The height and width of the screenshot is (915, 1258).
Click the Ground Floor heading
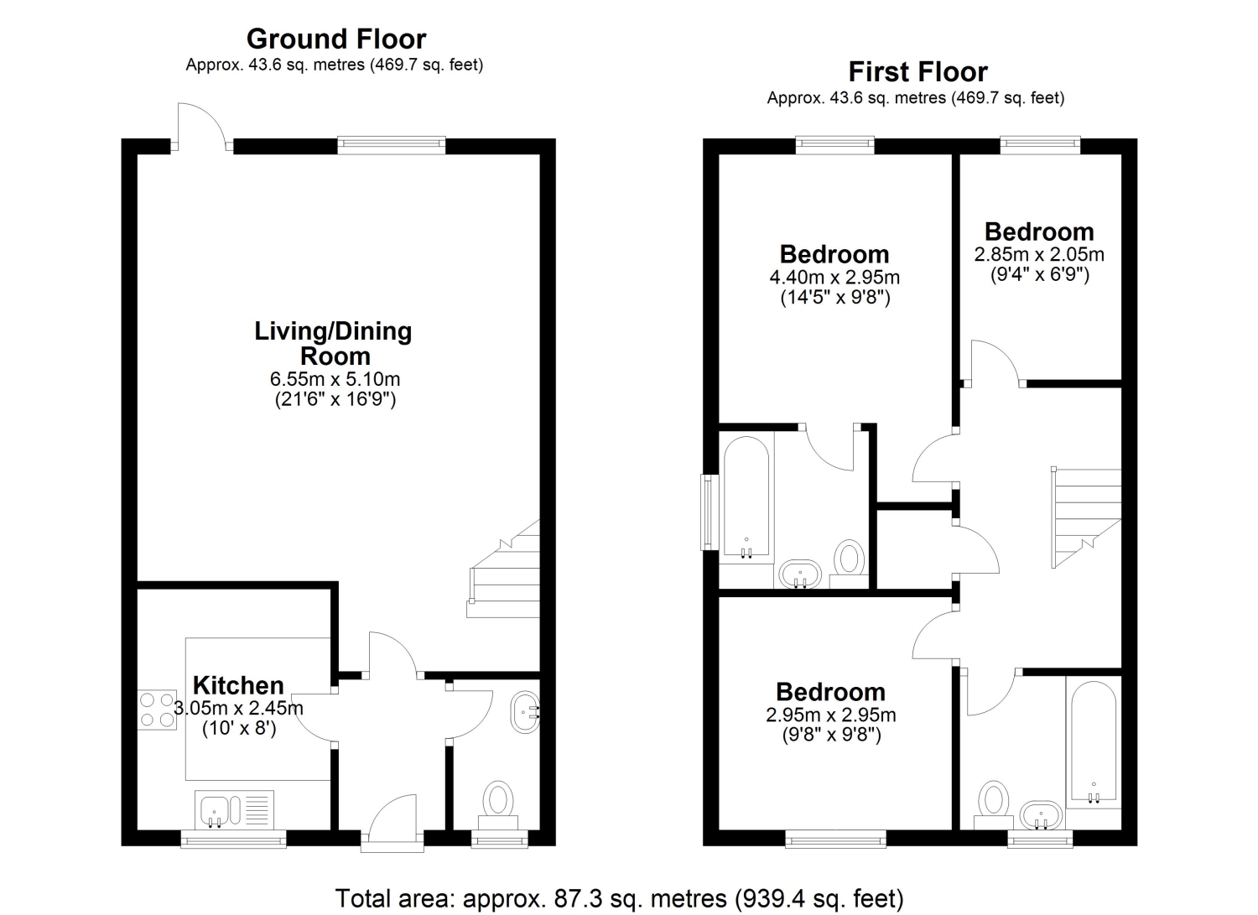pyautogui.click(x=336, y=39)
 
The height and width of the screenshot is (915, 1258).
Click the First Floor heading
pyautogui.click(x=918, y=72)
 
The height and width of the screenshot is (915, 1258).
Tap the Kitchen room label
pyautogui.click(x=238, y=685)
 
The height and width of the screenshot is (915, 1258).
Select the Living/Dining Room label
pyautogui.click(x=334, y=343)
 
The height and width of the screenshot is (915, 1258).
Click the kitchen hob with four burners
pyautogui.click(x=158, y=710)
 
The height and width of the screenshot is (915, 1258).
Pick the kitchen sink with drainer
pyautogui.click(x=235, y=809)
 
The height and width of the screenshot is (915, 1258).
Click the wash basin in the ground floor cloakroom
pyautogui.click(x=526, y=712)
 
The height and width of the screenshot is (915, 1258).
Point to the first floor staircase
pyautogui.click(x=1086, y=517)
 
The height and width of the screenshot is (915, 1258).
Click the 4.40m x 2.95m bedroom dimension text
pyautogui.click(x=834, y=277)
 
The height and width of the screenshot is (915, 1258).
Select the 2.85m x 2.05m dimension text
pyautogui.click(x=1039, y=254)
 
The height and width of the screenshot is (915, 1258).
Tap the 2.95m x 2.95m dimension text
pyautogui.click(x=830, y=715)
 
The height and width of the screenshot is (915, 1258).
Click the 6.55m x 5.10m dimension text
pyautogui.click(x=335, y=379)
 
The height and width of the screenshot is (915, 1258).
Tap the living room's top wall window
pyautogui.click(x=392, y=145)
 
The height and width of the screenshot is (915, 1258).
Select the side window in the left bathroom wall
pyautogui.click(x=710, y=512)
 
